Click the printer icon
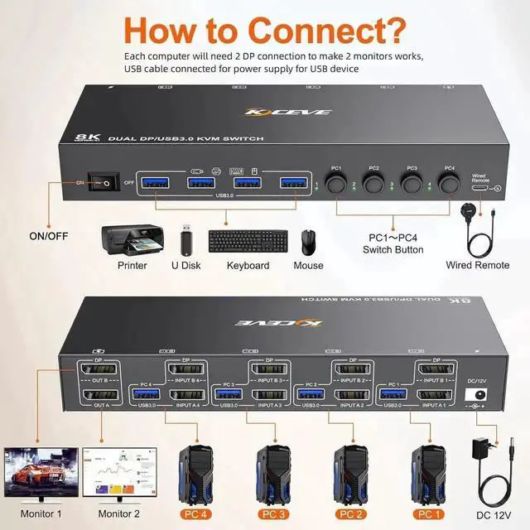(132, 240)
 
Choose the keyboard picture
(248, 242)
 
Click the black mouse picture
(308, 243)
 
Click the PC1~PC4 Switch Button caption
(394, 244)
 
